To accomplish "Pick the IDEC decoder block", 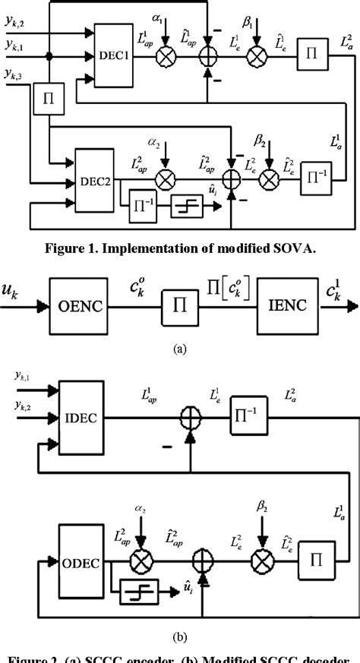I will point(81,417).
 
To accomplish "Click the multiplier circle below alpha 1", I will point(163,56).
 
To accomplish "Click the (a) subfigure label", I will point(179,349).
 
